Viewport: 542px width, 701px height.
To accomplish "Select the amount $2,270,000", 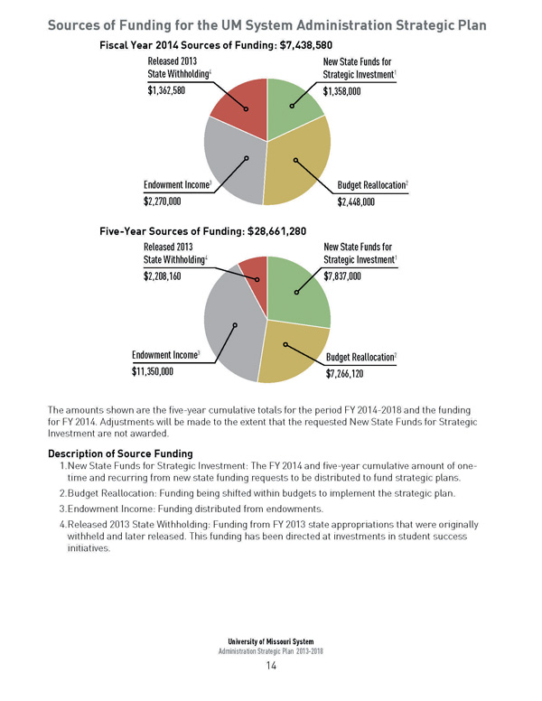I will pos(163,201).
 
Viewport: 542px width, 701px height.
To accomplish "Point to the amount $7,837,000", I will pos(342,276).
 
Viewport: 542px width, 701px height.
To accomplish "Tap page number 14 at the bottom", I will pos(270,667).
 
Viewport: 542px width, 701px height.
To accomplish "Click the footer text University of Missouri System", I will pos(270,641).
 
